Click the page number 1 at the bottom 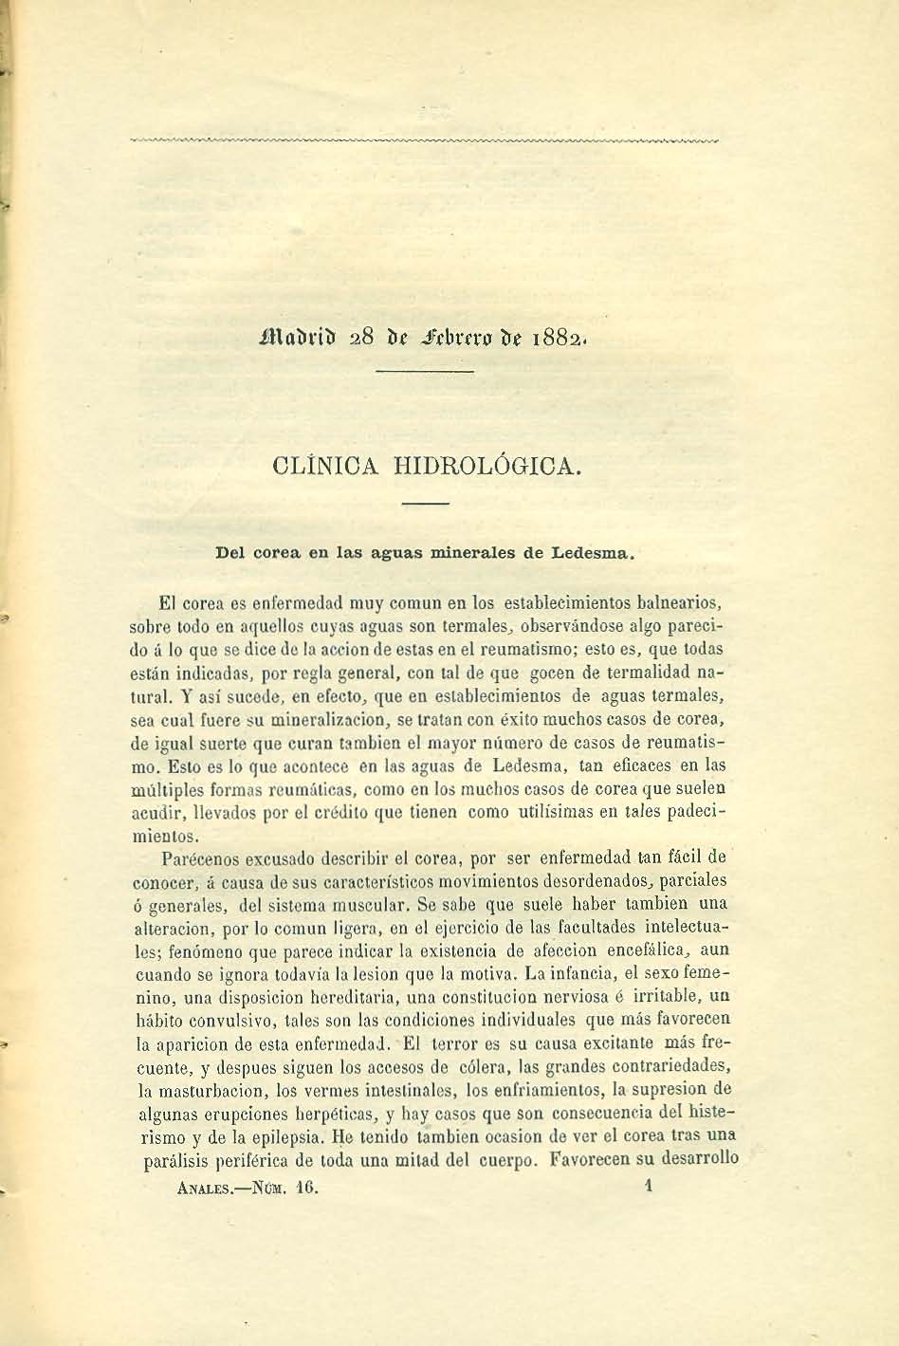click(650, 1185)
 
